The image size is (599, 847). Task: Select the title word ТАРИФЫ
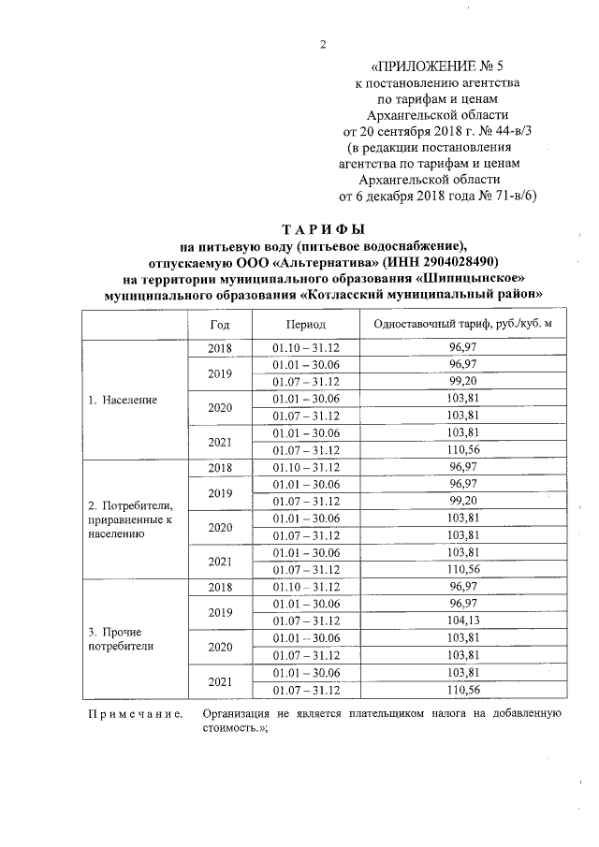coord(324,229)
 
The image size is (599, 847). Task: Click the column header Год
coord(220,323)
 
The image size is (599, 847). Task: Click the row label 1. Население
coord(122,399)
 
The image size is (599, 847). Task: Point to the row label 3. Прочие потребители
coord(119,638)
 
